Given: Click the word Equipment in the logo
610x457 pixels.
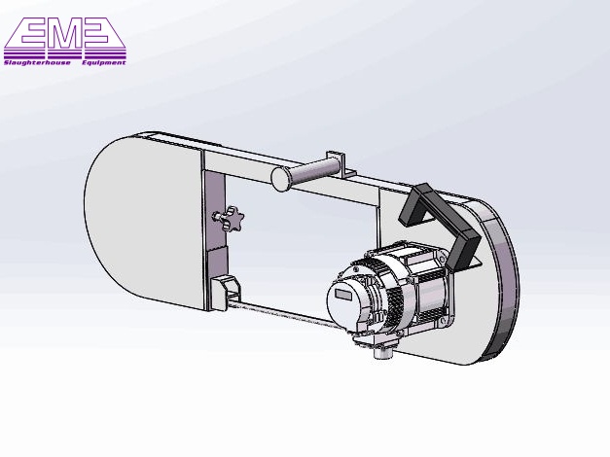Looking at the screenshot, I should point(104,62).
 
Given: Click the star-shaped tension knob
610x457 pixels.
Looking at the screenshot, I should point(231,219).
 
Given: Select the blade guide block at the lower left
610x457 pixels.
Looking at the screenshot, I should point(226,290).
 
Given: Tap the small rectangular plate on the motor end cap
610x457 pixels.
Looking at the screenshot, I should point(344,295).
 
